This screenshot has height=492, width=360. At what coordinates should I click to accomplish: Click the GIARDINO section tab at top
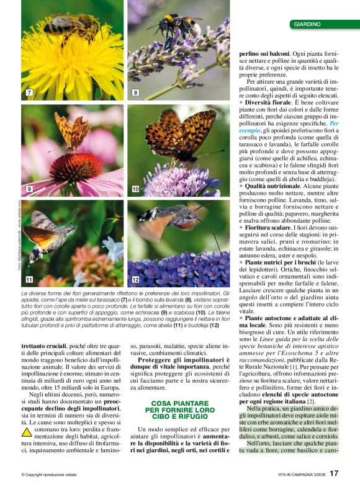(x=308, y=24)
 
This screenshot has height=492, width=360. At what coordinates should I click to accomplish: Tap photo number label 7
(x=29, y=92)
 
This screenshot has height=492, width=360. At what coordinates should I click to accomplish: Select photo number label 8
(x=135, y=92)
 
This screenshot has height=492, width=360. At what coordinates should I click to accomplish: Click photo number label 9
(x=29, y=188)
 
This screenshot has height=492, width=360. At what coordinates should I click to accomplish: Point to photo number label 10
(x=135, y=188)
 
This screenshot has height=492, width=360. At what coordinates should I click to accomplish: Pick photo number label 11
(x=29, y=280)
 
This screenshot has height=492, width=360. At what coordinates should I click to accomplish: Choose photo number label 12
(x=136, y=280)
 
